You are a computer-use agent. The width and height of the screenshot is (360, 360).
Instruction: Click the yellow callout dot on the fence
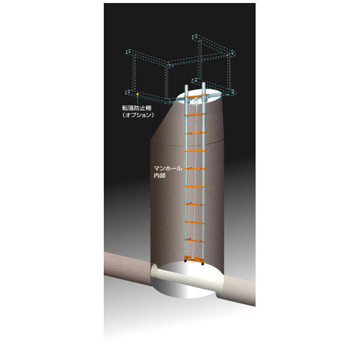tap(137, 94)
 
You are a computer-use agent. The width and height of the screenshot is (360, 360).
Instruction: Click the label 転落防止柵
tap(137, 108)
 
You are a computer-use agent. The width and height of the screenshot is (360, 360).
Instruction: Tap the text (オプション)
tap(138, 115)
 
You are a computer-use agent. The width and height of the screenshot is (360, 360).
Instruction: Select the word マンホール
tap(168, 168)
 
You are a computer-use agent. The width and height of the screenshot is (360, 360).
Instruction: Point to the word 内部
tap(160, 176)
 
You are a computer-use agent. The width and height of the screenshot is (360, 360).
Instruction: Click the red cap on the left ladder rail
tap(187, 83)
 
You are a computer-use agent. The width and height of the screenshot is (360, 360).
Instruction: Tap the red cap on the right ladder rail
tap(203, 81)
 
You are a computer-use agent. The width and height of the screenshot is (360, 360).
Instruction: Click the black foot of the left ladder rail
tap(185, 261)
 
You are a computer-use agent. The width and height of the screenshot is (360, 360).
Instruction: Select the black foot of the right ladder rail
tap(203, 263)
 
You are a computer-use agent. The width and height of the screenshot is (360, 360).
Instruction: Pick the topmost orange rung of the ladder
tap(195, 96)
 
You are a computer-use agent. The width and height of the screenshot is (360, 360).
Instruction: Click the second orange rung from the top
tap(195, 114)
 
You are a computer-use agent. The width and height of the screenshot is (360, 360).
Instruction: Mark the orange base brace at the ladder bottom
tap(194, 259)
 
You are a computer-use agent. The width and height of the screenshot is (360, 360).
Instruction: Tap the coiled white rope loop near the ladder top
tap(196, 102)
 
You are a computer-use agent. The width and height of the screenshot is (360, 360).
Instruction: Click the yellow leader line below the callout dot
tap(137, 100)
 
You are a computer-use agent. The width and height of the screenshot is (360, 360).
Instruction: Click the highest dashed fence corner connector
tap(196, 37)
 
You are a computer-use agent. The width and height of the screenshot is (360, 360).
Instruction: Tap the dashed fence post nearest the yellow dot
tap(133, 73)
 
